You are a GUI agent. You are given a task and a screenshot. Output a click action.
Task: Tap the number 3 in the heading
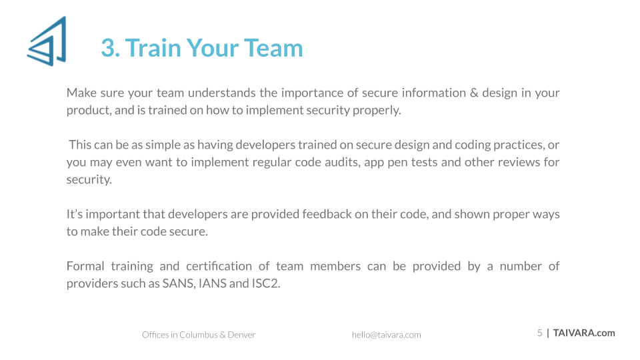click(108, 48)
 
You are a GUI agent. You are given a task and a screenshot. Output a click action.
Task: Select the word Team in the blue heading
click(274, 48)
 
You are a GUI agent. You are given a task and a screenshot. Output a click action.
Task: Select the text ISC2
click(266, 283)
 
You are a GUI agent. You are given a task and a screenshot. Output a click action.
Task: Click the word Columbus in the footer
click(199, 335)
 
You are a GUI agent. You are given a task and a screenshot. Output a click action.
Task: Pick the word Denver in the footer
click(241, 335)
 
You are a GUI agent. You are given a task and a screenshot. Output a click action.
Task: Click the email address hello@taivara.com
click(387, 335)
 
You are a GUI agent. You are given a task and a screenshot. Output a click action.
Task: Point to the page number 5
click(539, 333)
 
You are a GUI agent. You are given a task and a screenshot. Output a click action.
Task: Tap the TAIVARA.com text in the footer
click(584, 333)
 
